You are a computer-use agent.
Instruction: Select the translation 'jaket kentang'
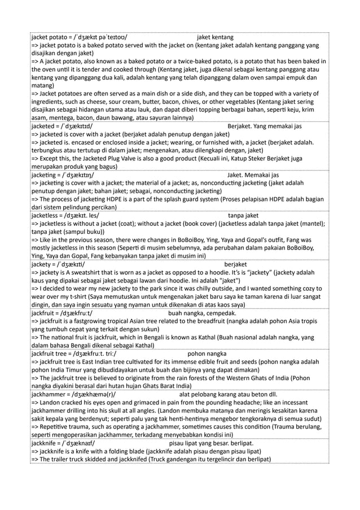216,37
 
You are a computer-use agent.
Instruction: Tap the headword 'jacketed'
44,126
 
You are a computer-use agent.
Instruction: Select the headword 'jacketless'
47,215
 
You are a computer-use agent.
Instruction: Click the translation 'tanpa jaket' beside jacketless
244,215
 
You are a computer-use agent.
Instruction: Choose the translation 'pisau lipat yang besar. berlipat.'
212,442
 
